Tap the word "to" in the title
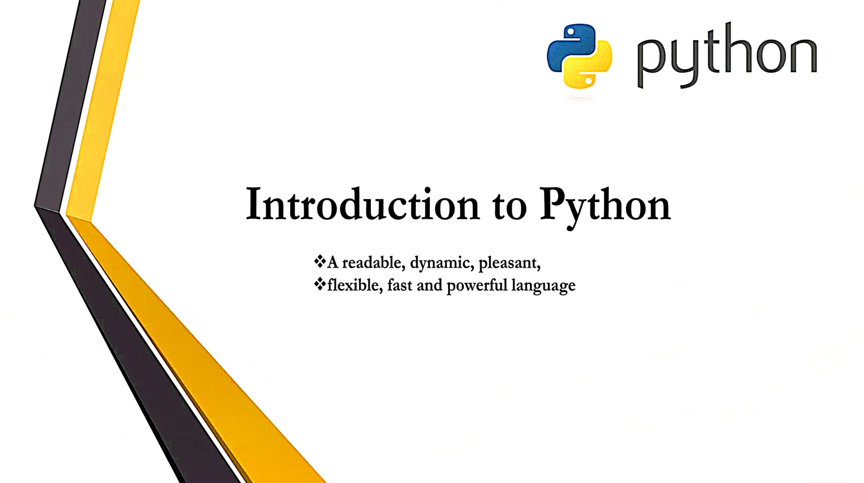(509, 207)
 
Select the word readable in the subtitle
(373, 262)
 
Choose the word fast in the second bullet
(400, 285)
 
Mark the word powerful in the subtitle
(477, 286)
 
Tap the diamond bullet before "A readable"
(320, 261)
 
